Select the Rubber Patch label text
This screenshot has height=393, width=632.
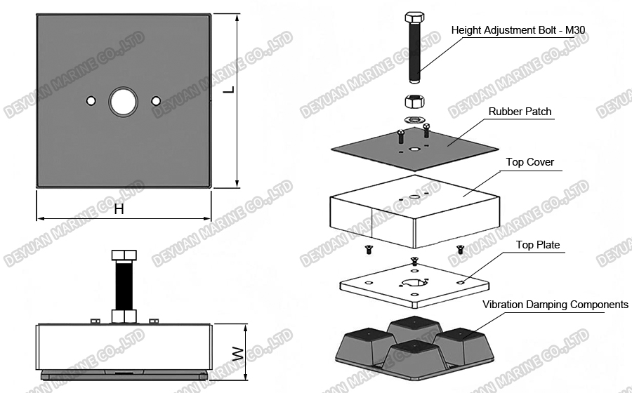tap(520, 112)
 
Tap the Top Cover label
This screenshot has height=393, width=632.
tap(530, 162)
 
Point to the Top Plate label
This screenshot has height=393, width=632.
tap(538, 245)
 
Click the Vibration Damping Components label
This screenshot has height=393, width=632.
tap(555, 305)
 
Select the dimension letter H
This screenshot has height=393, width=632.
tap(119, 209)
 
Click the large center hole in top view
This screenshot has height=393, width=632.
tap(124, 101)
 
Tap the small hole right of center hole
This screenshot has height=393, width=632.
tap(156, 101)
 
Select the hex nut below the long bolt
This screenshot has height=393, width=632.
tap(414, 100)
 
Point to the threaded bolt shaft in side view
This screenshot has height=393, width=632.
tap(124, 288)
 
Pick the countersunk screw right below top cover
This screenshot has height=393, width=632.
tap(461, 248)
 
